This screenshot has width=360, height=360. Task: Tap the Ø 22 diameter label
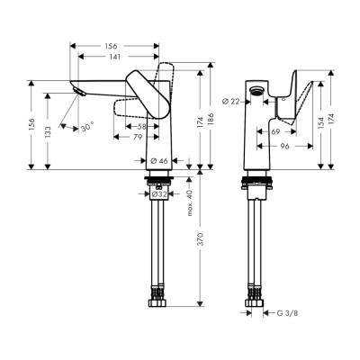coord(233,99)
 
